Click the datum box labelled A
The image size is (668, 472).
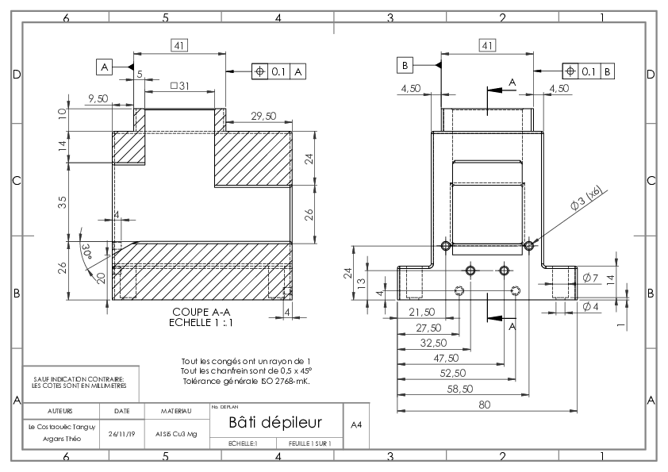pos(105,67)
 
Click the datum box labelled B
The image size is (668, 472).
pos(405,65)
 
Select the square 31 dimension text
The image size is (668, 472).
pos(180,86)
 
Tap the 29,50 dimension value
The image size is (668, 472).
pos(263,116)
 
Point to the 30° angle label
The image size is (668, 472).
pos(87,251)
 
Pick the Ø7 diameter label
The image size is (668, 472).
pos(590,278)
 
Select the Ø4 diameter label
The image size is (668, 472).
pos(590,306)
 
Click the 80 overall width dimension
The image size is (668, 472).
pos(485,405)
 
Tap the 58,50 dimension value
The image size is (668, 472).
pos(460,389)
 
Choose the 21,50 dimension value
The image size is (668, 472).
pos(422,312)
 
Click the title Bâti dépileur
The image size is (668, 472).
pos(275,422)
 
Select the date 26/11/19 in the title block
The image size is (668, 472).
pos(122,434)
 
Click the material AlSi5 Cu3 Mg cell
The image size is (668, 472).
pos(176,434)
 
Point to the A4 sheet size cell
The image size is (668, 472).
pos(356,424)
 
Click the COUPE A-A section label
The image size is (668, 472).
pos(202,312)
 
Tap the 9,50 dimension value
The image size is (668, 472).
pos(98,98)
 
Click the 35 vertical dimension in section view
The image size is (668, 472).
pos(62,202)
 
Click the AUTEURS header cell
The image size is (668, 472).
pos(60,411)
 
